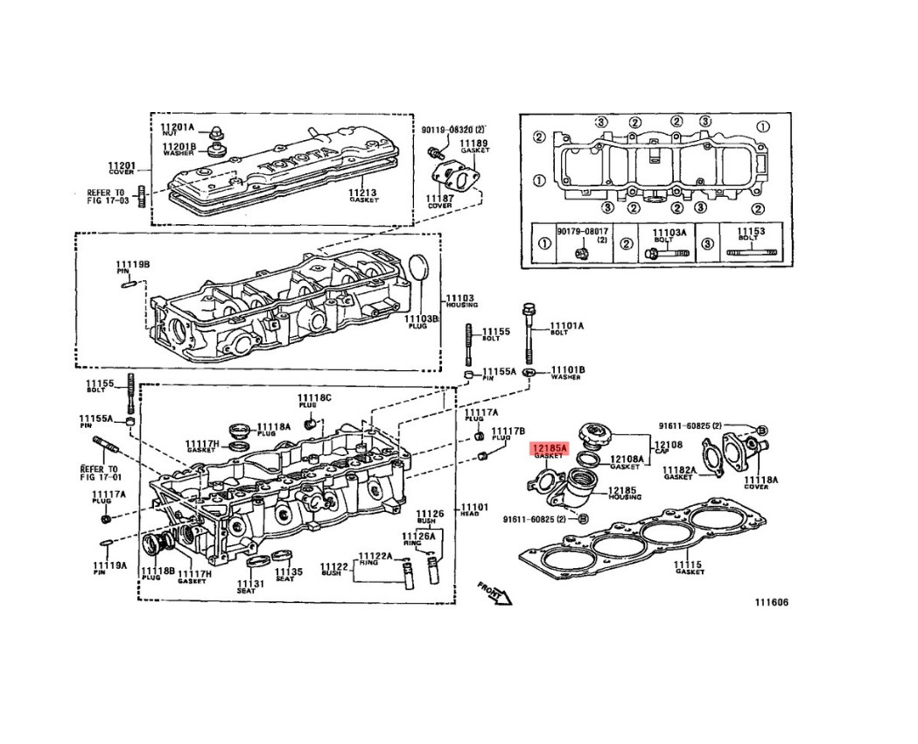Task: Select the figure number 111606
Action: point(771,603)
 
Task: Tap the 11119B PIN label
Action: point(133,265)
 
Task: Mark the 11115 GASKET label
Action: point(690,567)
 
